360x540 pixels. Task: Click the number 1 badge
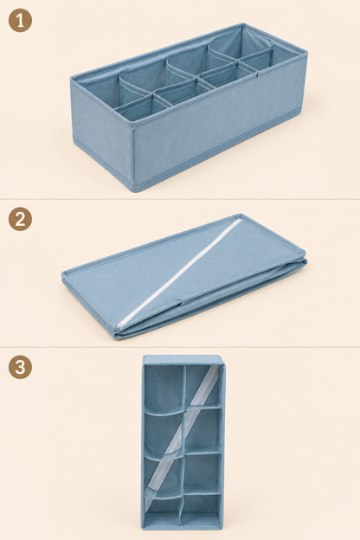tap(20, 20)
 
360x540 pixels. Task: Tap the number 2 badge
tap(20, 219)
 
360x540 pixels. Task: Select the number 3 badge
tap(20, 367)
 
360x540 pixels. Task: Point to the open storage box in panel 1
tap(189, 107)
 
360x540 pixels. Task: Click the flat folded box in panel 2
tap(184, 277)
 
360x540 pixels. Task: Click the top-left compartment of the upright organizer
tap(164, 386)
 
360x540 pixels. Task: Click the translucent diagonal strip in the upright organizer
tap(181, 435)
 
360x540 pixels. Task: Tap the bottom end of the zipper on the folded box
tap(119, 325)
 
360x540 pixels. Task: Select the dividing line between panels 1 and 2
tap(180, 199)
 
